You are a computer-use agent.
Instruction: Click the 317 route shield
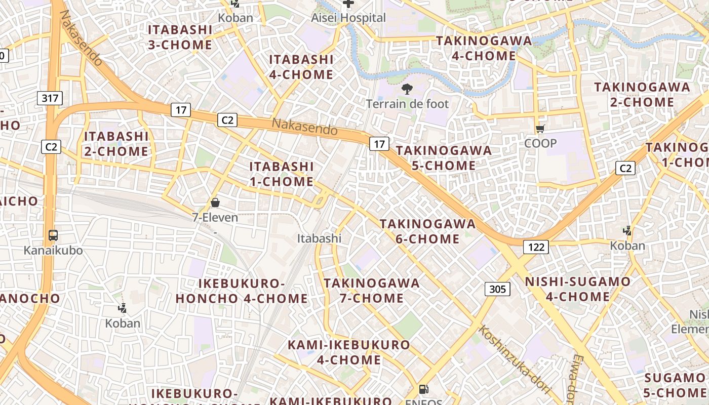pos(50,98)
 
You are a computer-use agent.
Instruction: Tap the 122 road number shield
pos(536,247)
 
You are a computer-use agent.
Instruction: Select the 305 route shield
pos(497,289)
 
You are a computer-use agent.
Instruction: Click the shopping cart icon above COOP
pos(540,129)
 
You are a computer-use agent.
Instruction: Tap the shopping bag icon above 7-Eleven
pos(215,203)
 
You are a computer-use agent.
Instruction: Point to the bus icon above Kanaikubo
pos(53,235)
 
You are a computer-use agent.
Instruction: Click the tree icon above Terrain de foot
pos(407,90)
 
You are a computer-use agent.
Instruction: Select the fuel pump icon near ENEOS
pos(423,390)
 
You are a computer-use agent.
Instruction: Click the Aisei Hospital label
pos(348,18)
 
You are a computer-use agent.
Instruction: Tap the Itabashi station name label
pos(319,238)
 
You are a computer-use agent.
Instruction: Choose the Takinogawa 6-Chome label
pos(428,231)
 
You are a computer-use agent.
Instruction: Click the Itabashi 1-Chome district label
pos(282,174)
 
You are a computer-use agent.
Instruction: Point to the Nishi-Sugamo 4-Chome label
pos(578,289)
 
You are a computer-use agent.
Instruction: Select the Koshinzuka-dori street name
pos(514,359)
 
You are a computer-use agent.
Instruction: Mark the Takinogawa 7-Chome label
pos(372,291)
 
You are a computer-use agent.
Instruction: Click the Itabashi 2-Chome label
pos(116,144)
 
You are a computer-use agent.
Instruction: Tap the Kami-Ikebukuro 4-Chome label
pos(349,352)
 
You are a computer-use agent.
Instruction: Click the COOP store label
pos(540,143)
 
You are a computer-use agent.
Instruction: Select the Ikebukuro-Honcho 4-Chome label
pos(242,291)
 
